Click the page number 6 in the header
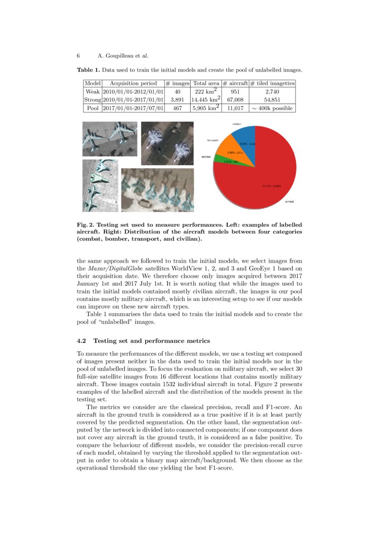tap(78, 56)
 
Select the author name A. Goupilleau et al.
tap(123, 56)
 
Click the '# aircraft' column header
tap(235, 83)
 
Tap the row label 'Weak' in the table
tap(93, 92)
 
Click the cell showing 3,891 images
tap(177, 99)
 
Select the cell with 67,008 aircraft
tap(235, 99)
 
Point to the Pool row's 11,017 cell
tap(235, 108)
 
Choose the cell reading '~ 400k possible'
tap(272, 108)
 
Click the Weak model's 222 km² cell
tap(206, 92)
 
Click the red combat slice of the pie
tap(266, 183)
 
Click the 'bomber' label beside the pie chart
tap(206, 157)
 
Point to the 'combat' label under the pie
tap(289, 201)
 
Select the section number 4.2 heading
tap(82, 341)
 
